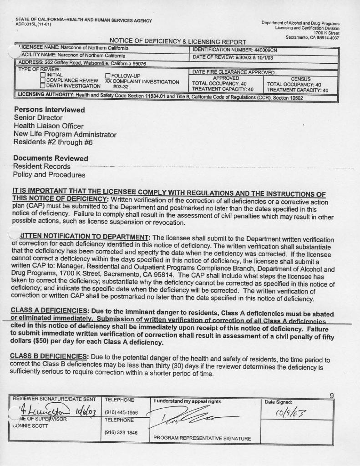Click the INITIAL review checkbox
(43, 75)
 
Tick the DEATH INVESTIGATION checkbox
(43, 86)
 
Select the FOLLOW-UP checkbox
(108, 76)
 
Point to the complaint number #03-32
(121, 87)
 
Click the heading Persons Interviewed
(49, 110)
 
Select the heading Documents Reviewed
(51, 158)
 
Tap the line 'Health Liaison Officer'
(48, 126)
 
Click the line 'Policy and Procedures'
(49, 174)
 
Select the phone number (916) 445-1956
(121, 413)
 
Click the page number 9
(332, 395)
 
